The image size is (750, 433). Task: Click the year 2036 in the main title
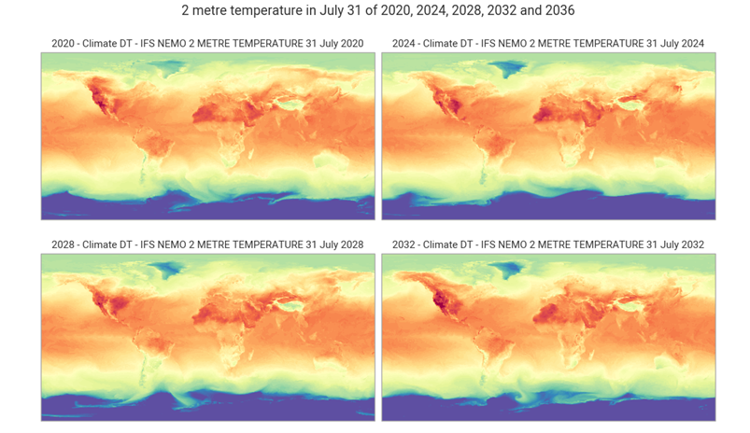pyautogui.click(x=551, y=12)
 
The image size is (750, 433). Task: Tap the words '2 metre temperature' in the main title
pyautogui.click(x=241, y=12)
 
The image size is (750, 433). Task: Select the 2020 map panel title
pyautogui.click(x=207, y=44)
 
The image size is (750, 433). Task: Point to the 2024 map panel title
pyautogui.click(x=548, y=44)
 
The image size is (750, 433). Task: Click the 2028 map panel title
pyautogui.click(x=207, y=244)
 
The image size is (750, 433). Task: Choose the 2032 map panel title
pyautogui.click(x=548, y=244)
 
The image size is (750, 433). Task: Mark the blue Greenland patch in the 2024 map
pyautogui.click(x=509, y=66)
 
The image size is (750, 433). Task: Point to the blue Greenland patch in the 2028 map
pyautogui.click(x=169, y=268)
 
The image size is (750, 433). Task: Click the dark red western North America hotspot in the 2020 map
pyautogui.click(x=97, y=95)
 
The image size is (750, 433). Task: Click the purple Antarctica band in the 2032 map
pyautogui.click(x=548, y=411)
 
